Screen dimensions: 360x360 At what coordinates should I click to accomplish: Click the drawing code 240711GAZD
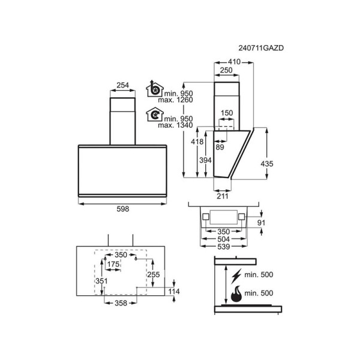(x=261, y=48)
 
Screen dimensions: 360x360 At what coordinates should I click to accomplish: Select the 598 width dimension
(x=123, y=209)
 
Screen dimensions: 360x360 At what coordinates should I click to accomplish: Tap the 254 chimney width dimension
(x=122, y=85)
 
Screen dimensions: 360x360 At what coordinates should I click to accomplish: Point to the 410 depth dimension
(x=234, y=62)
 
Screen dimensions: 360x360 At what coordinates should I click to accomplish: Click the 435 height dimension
(x=267, y=164)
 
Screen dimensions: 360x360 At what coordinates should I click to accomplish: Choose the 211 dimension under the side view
(x=223, y=196)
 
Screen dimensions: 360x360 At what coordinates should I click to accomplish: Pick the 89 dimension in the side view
(x=220, y=147)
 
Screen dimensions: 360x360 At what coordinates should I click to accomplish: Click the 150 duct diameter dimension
(x=227, y=113)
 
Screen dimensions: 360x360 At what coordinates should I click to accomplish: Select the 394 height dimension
(x=205, y=160)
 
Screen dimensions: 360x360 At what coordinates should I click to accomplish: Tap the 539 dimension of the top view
(x=224, y=247)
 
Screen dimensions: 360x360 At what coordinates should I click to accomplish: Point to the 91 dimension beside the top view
(x=261, y=223)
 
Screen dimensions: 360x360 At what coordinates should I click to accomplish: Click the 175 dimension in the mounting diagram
(x=113, y=264)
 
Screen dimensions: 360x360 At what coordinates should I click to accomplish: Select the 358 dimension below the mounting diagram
(x=121, y=303)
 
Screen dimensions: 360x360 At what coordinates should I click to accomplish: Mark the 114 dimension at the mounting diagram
(x=174, y=292)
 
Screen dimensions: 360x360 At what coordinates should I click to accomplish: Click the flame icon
(x=236, y=294)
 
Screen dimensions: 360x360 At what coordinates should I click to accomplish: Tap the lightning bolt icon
(x=236, y=276)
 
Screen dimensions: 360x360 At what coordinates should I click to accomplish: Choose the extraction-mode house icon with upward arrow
(x=155, y=89)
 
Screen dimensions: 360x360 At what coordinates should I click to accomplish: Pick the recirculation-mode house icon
(x=155, y=114)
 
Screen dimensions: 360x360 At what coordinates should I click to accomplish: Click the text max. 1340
(x=175, y=125)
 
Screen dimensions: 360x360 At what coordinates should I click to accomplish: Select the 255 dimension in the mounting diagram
(x=154, y=275)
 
